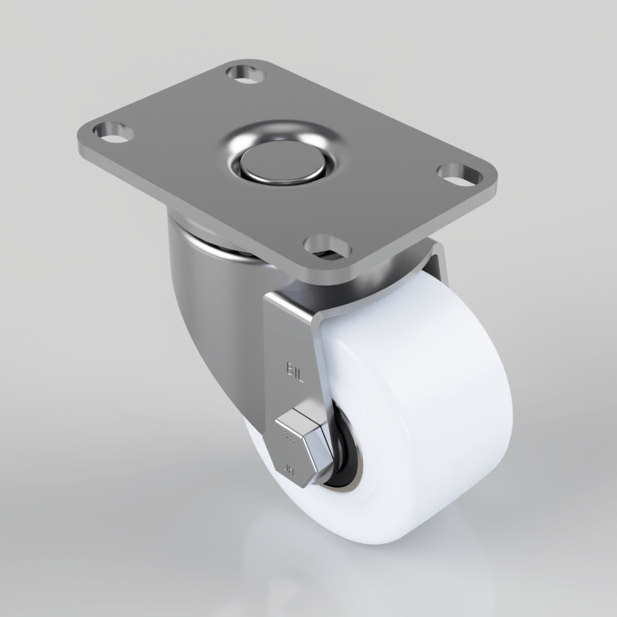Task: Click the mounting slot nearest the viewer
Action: pos(328,246)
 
